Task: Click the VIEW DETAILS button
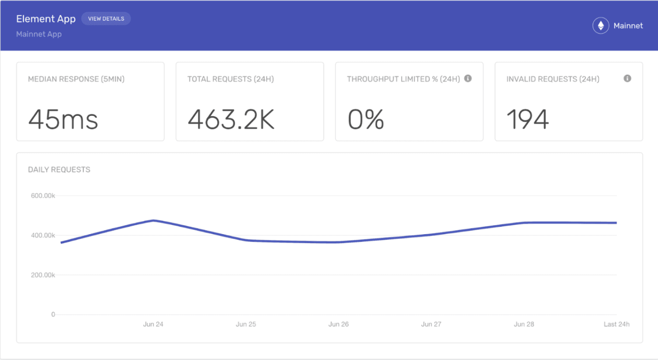coord(106,19)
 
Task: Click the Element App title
coord(46,19)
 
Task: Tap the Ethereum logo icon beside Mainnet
coord(601,26)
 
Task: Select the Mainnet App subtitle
coord(39,34)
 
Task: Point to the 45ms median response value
coord(63,119)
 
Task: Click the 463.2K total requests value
coord(231,119)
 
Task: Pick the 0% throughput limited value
coord(366,119)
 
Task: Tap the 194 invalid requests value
coord(527,119)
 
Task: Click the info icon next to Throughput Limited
coord(468,79)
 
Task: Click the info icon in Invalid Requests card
coord(627,79)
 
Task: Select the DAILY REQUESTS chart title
coord(59,170)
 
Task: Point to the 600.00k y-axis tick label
coord(43,196)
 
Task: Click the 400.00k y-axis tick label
coord(43,235)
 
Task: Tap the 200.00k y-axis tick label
coord(43,275)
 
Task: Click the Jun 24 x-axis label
coord(153,324)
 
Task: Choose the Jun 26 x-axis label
coord(339,324)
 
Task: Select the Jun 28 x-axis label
coord(524,324)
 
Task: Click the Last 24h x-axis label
coord(616,324)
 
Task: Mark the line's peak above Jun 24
coord(154,221)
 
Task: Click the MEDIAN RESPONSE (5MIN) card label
coord(76,79)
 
